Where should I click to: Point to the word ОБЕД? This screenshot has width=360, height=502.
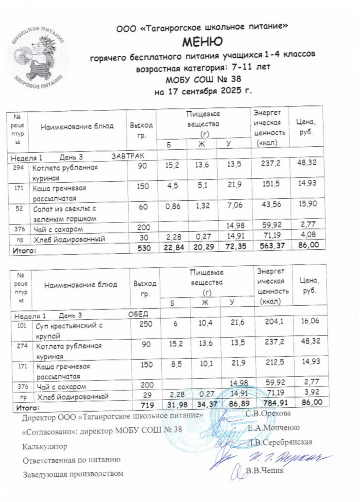pyautogui.click(x=137, y=312)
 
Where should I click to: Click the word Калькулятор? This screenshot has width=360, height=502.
pyautogui.click(x=45, y=445)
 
